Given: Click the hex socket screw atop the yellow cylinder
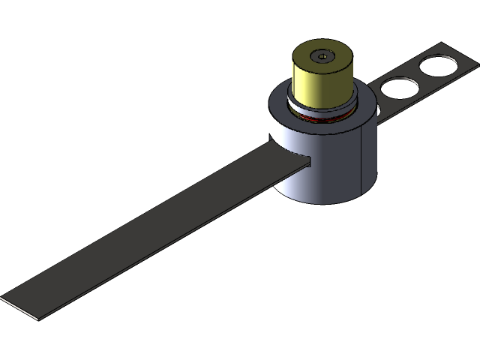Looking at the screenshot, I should (322, 55).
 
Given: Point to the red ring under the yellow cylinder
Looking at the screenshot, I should (322, 118).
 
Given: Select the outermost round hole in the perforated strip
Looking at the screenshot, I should (436, 65).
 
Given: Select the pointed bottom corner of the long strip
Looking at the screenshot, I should (34, 318).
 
